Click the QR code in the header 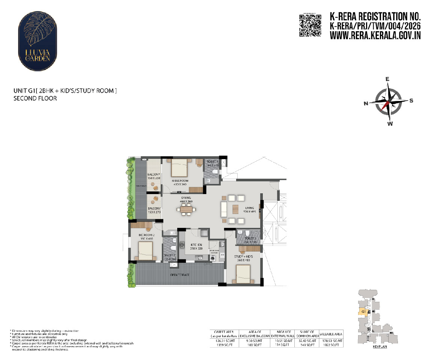coord(310,25)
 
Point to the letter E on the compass coord(387,79)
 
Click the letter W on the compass coord(390,124)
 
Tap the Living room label coord(249,208)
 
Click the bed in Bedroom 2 coord(145,251)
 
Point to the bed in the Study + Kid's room coord(243,274)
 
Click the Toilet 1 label coord(212,163)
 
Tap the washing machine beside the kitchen coord(214,259)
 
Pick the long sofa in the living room coord(223,209)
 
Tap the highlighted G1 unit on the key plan coord(363,311)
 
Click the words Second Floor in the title coord(35,98)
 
